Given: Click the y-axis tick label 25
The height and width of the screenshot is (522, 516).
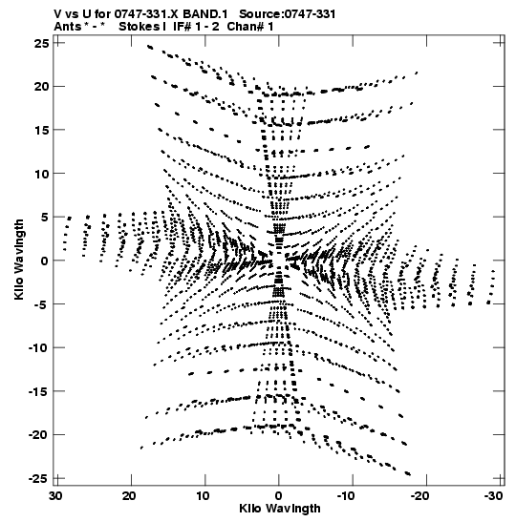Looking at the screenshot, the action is (x=41, y=43).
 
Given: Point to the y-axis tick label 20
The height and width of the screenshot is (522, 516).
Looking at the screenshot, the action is (x=41, y=87).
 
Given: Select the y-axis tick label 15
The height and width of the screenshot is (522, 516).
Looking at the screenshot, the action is (x=41, y=130).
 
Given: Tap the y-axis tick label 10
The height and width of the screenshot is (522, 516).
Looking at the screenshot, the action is (x=41, y=174).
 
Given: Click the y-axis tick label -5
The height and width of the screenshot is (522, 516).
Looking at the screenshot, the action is (x=41, y=304).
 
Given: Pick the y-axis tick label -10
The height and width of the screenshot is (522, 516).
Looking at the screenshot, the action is (x=38, y=348).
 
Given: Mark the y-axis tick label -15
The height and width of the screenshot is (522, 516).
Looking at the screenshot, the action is (x=38, y=391).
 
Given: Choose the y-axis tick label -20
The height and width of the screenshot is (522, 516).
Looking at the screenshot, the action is (x=38, y=435).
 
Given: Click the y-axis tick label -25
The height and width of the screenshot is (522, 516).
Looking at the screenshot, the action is (x=38, y=479).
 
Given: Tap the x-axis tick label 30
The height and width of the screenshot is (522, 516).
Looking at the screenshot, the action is (x=56, y=496).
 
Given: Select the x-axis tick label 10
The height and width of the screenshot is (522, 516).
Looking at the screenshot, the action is (x=203, y=496).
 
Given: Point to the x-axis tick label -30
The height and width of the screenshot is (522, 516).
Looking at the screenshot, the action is (x=494, y=496).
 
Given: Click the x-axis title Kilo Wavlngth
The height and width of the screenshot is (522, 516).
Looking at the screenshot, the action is (x=280, y=509).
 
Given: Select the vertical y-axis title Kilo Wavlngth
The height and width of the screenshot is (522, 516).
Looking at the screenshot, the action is (x=19, y=260).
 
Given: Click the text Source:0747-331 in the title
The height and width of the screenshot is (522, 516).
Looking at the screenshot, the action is (x=288, y=14).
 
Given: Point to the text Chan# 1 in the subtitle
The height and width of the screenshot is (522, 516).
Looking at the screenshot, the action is (x=250, y=27).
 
